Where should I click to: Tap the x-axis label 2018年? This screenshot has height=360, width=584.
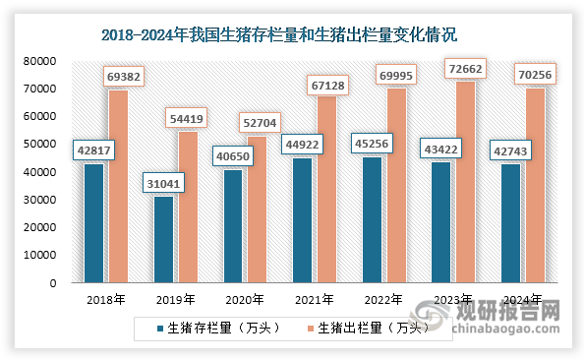106,299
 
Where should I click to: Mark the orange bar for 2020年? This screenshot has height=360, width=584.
257,210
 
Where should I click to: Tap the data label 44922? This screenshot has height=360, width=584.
302,144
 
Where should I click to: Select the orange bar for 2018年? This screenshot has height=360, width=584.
117,186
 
